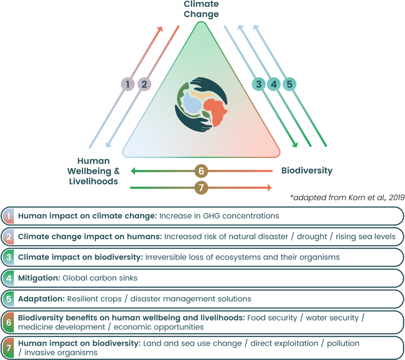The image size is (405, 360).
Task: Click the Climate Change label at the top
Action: [201, 9]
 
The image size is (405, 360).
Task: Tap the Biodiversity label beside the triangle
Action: [307, 171]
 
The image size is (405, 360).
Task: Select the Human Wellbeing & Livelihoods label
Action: [93, 171]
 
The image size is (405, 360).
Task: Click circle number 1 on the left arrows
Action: [128, 84]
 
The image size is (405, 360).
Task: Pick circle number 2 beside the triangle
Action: [144, 84]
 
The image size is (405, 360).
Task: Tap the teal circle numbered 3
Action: [259, 84]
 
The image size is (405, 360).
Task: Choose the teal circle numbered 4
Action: [274, 84]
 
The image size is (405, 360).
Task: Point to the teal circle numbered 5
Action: [289, 84]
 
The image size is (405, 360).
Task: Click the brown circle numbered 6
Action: [201, 171]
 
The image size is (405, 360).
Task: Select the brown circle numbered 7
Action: [201, 188]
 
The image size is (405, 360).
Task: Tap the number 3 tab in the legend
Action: [8, 257]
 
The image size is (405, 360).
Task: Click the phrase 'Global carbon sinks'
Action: [100, 278]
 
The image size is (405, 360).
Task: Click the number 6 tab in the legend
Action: [8, 322]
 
